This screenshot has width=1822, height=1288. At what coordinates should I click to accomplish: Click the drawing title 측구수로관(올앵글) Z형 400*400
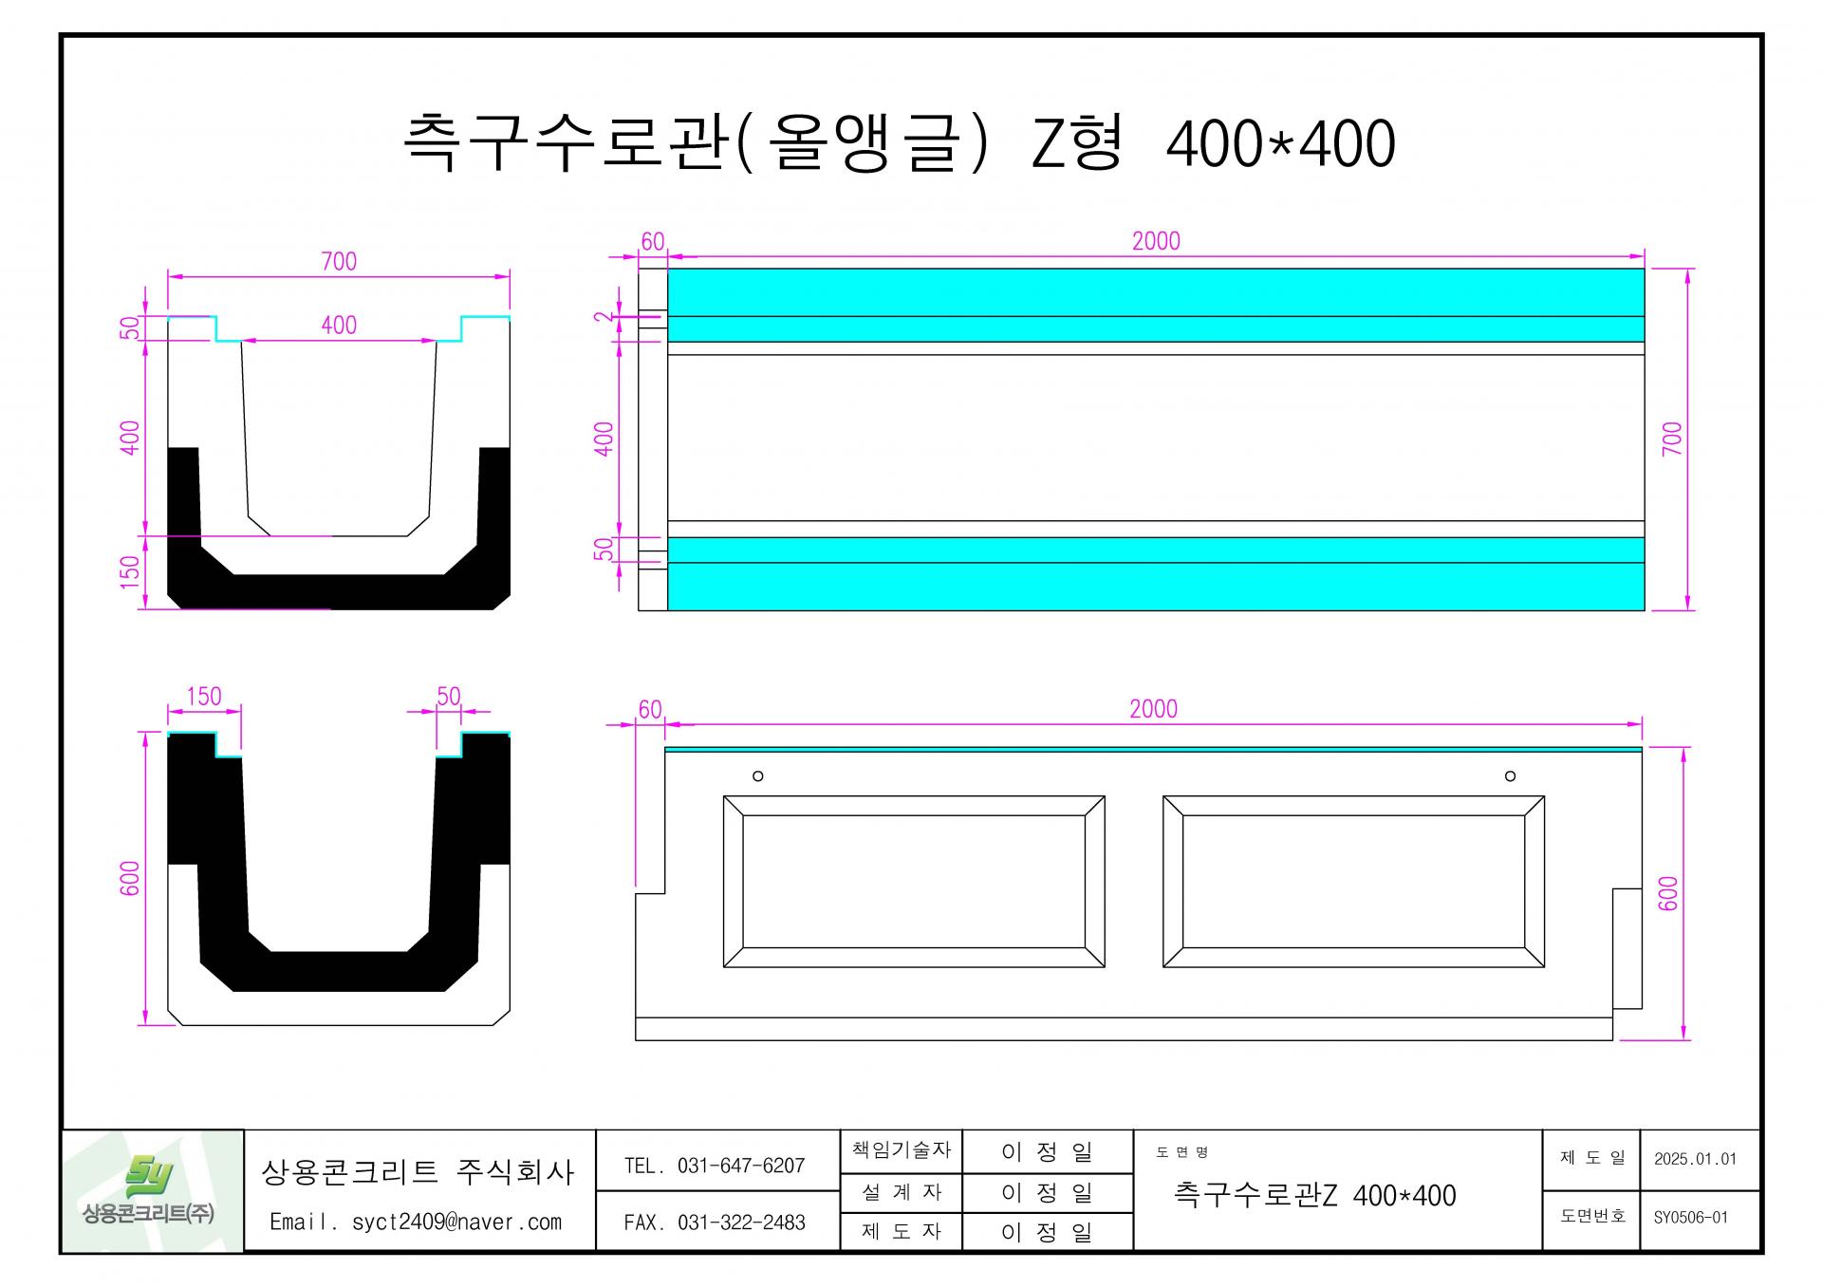click(x=899, y=144)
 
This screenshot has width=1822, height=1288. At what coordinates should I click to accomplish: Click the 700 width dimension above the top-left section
click(x=339, y=261)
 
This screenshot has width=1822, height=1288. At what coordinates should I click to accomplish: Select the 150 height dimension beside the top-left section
click(x=130, y=571)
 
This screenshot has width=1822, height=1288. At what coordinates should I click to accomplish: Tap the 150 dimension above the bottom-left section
click(x=204, y=697)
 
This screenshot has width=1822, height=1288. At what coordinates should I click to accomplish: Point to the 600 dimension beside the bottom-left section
click(x=130, y=878)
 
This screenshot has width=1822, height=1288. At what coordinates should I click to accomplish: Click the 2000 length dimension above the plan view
click(x=1156, y=241)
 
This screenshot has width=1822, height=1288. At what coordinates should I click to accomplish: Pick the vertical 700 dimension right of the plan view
click(x=1672, y=439)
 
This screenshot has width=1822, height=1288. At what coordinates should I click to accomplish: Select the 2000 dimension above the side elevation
click(x=1153, y=709)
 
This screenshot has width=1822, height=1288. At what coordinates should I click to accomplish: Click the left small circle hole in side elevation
click(x=757, y=776)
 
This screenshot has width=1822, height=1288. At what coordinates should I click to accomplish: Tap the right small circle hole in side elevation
click(x=1510, y=776)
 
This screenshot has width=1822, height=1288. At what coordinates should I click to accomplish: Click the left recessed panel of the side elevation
click(x=914, y=882)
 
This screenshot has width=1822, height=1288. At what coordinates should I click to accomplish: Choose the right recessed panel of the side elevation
click(x=1353, y=882)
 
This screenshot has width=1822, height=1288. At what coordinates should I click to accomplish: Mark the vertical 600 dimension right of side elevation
click(x=1668, y=893)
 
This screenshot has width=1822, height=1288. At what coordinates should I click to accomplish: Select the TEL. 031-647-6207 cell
click(x=715, y=1166)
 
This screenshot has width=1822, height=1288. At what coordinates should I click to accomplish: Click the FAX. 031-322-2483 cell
click(x=715, y=1223)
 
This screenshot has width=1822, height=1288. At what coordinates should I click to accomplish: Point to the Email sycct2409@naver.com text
click(x=416, y=1223)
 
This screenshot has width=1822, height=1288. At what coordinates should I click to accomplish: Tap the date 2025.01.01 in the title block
click(x=1695, y=1159)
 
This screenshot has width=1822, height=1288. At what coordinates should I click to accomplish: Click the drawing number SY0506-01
click(x=1691, y=1218)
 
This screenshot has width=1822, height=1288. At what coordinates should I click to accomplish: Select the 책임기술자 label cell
click(x=901, y=1150)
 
